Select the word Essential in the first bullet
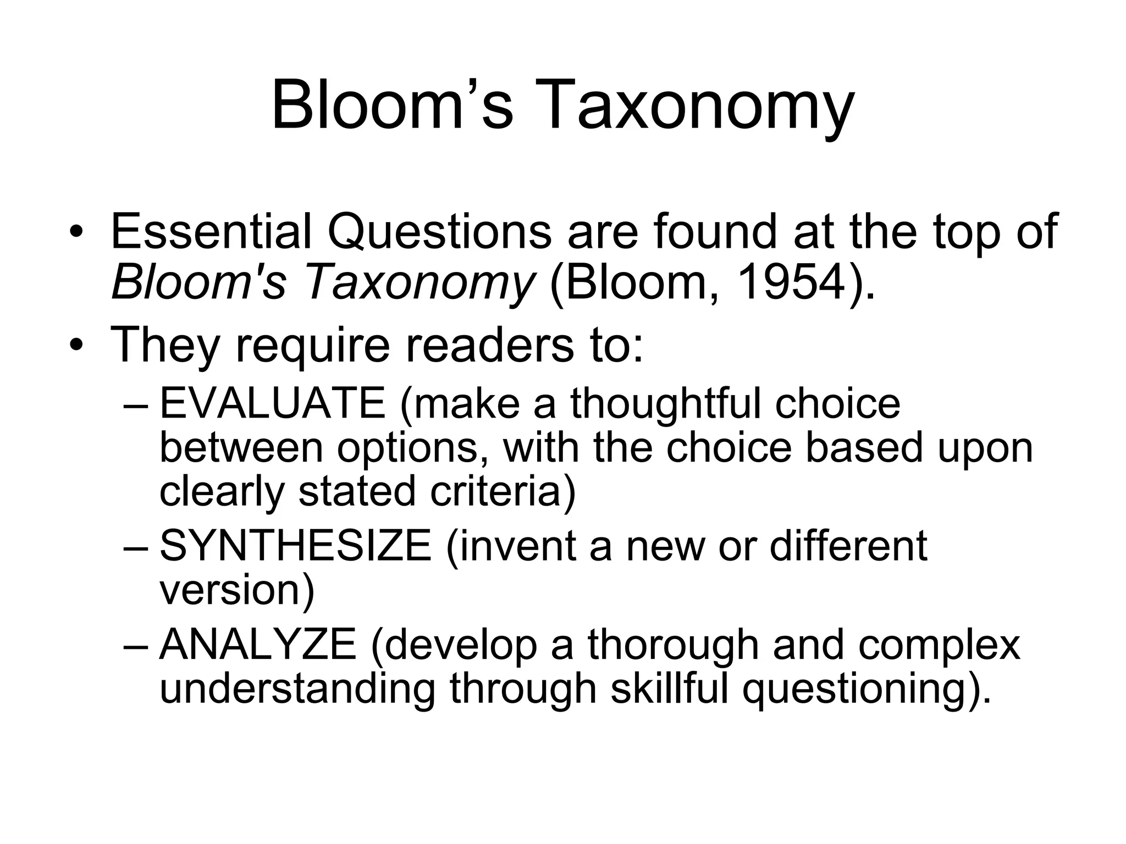tap(211, 232)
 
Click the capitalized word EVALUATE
tap(273, 404)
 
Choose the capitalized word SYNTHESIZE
tap(296, 546)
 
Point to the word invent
tap(522, 546)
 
